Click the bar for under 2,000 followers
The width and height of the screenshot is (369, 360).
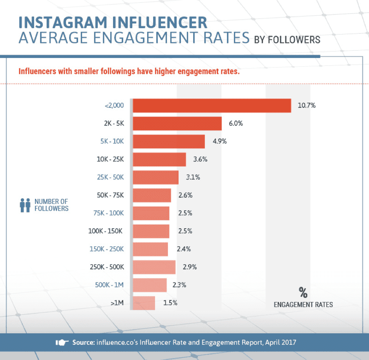[212, 105]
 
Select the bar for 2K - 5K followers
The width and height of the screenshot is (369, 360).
[177, 123]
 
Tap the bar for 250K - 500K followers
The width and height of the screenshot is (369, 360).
[154, 267]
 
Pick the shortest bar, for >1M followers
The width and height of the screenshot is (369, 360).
[144, 303]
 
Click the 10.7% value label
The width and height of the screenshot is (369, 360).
[307, 105]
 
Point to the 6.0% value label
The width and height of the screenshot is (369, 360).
[236, 123]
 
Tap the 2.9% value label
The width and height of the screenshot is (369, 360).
[190, 267]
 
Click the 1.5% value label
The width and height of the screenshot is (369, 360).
[170, 303]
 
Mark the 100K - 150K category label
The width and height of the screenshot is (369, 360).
[106, 231]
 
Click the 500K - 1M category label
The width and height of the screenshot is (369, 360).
[110, 285]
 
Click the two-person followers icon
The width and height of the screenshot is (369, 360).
[25, 205]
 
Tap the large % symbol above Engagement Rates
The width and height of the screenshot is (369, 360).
[303, 292]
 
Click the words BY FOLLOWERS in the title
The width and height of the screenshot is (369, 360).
[287, 40]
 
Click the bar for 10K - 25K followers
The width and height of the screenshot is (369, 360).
[159, 159]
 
